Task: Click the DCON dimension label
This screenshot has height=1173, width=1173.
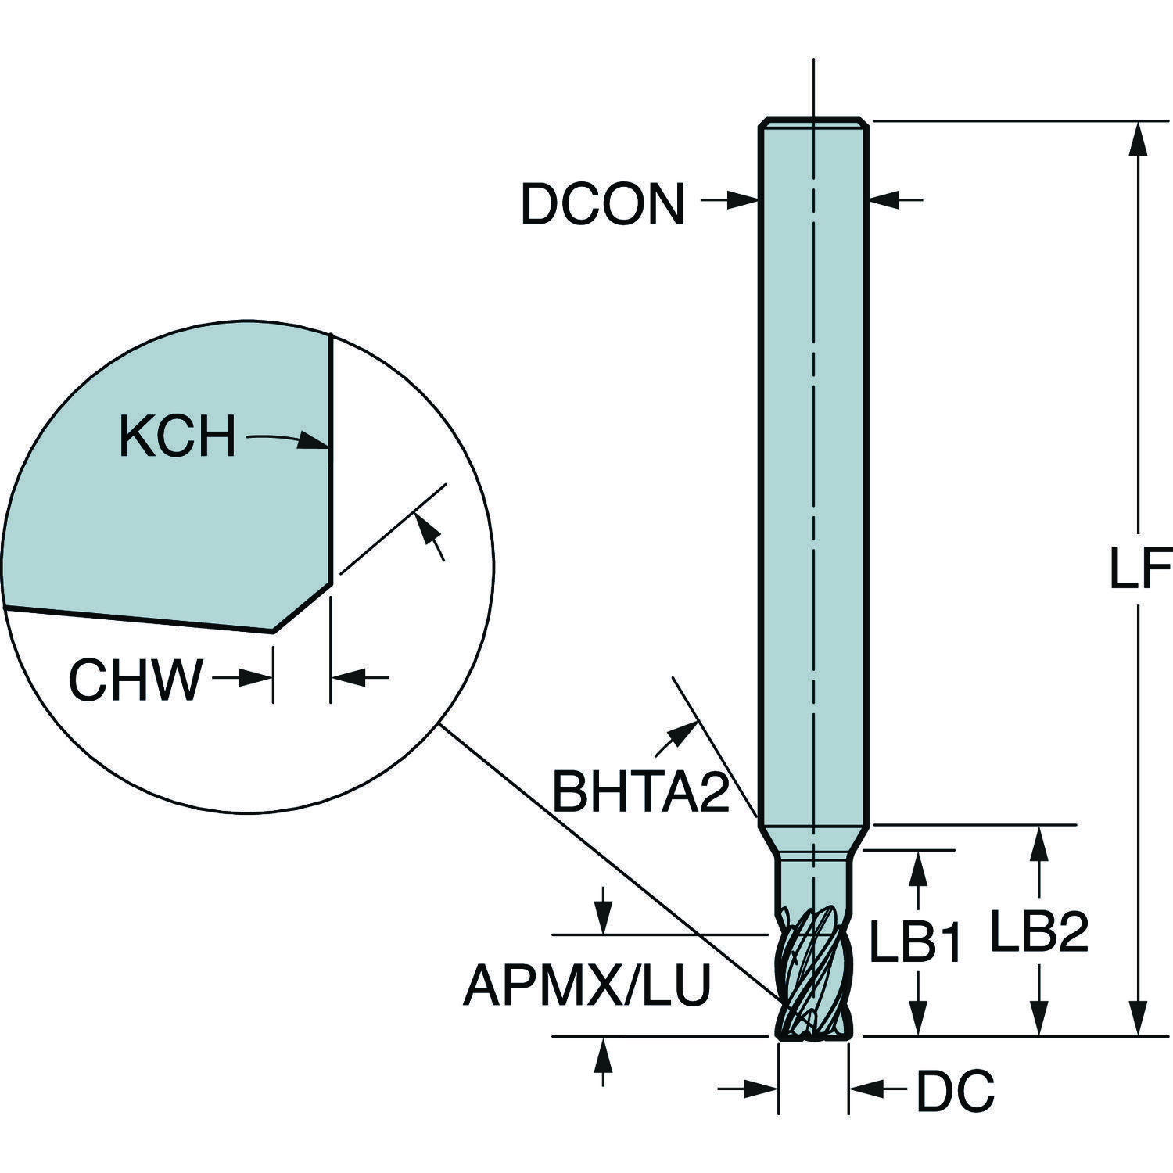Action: pos(602,205)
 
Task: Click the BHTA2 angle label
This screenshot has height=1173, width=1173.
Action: pos(641,791)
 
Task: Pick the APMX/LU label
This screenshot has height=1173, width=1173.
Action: pos(586,985)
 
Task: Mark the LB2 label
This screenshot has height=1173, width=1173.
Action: pos(1039,932)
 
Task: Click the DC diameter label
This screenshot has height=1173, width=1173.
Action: pos(955,1090)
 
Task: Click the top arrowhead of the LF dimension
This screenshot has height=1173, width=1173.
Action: pos(1139,137)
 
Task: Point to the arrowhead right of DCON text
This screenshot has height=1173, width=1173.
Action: pos(741,201)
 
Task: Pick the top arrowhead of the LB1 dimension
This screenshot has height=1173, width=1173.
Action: pos(919,866)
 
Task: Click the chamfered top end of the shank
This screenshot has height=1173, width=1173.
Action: pos(814,123)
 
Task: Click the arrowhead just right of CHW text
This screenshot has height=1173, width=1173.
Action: pos(256,678)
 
